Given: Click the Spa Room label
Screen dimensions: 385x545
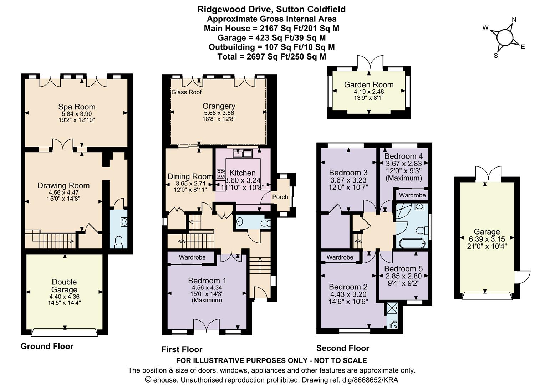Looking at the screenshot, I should (77, 107).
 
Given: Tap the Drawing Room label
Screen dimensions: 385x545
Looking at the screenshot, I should (63, 185).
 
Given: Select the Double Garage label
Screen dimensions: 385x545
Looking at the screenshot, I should (64, 286).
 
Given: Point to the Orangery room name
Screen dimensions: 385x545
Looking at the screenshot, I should (219, 106).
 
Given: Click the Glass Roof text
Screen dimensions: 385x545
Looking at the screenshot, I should (187, 92).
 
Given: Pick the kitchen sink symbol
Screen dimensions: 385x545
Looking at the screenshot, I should (243, 154).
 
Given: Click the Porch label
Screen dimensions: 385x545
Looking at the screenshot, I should (280, 197).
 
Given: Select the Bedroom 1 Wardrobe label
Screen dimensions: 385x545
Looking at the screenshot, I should (192, 257).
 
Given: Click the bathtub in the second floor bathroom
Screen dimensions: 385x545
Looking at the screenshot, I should (412, 244).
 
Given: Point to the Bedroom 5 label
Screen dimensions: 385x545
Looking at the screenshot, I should (403, 268).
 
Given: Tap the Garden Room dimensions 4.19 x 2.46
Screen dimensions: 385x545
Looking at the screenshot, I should (369, 92).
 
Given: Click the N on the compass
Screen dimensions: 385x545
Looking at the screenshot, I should (514, 20).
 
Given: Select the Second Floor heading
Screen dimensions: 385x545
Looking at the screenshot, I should (343, 348).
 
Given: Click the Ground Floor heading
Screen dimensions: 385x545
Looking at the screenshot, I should (47, 346).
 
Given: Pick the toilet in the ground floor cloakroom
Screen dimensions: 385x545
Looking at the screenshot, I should (118, 242).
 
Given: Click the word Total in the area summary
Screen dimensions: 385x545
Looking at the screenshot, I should (229, 57).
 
